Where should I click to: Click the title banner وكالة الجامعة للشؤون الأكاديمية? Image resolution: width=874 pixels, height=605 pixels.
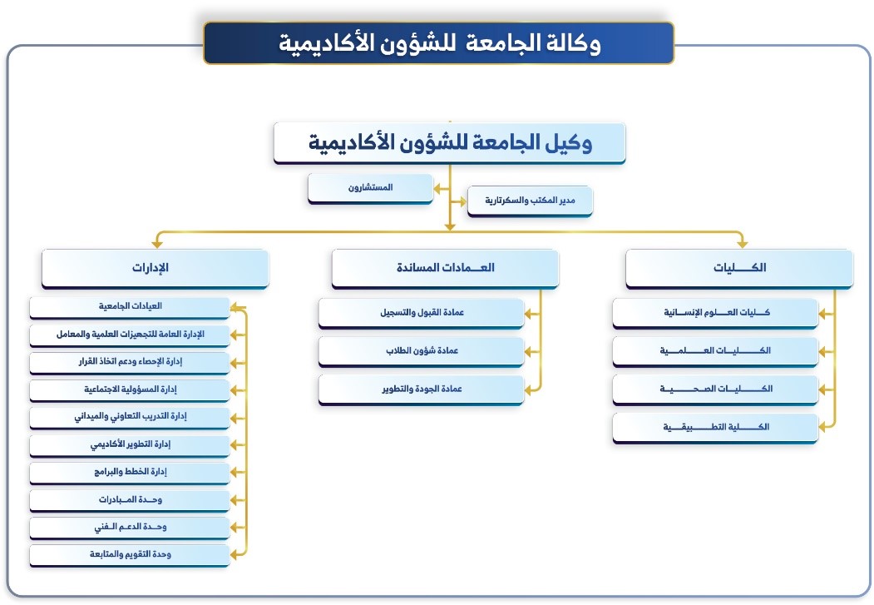[x=439, y=43]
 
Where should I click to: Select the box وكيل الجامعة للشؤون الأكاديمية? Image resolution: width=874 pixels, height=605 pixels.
[x=449, y=143]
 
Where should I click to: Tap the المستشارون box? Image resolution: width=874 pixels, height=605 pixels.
[x=370, y=188]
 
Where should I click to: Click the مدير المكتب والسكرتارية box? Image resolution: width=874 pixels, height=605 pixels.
[x=530, y=201]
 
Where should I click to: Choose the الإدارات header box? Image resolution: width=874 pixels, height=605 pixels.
[x=155, y=268]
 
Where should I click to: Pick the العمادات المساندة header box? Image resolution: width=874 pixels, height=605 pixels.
[x=445, y=268]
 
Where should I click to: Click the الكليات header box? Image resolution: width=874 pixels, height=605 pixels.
[x=739, y=268]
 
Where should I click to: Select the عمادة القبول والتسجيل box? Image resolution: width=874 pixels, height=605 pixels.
[x=422, y=314]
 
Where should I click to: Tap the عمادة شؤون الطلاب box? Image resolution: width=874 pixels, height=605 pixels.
[x=422, y=352]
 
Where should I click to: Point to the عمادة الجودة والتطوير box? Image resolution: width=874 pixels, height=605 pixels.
[x=422, y=389]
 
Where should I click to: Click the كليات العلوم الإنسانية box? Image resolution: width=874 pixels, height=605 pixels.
[x=715, y=314]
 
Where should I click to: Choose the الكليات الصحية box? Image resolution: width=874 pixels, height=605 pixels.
[x=715, y=389]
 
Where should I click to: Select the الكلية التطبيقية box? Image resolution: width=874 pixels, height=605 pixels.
[x=715, y=429]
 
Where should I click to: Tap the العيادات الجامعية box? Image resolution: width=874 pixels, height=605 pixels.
[x=130, y=307]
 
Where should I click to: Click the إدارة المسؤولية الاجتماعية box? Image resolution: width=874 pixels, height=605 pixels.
[x=130, y=390]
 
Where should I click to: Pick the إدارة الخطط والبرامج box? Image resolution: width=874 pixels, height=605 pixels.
[x=130, y=473]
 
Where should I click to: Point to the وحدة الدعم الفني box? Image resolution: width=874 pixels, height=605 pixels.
[x=130, y=528]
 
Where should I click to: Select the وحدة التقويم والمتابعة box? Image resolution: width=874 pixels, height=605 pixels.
[x=130, y=555]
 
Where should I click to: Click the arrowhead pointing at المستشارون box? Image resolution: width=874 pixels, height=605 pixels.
[x=438, y=189]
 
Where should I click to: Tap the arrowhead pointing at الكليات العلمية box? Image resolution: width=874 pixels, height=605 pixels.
[x=822, y=352]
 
